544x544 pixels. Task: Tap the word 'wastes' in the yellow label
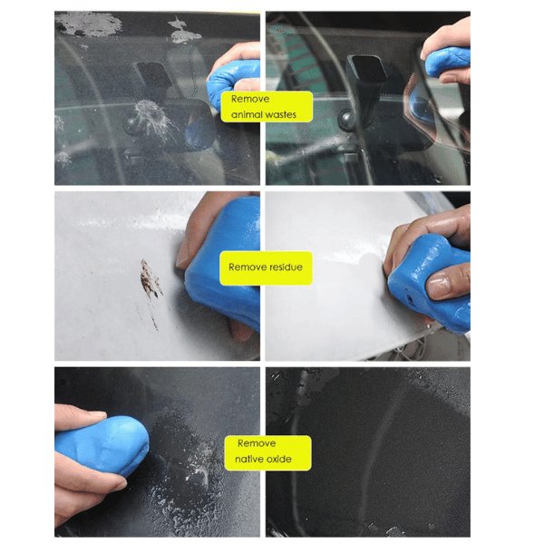click(280, 115)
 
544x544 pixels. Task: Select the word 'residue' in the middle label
click(286, 267)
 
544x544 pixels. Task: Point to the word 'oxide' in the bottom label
click(279, 459)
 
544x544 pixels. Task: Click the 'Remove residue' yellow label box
click(266, 267)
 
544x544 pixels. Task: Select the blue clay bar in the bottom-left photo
click(103, 444)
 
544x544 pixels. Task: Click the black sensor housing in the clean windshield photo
click(367, 71)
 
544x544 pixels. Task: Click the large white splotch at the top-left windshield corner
click(89, 24)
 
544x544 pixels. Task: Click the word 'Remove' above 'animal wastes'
click(250, 99)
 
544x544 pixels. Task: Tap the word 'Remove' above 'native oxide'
click(257, 443)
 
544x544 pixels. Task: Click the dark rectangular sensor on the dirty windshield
click(152, 74)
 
